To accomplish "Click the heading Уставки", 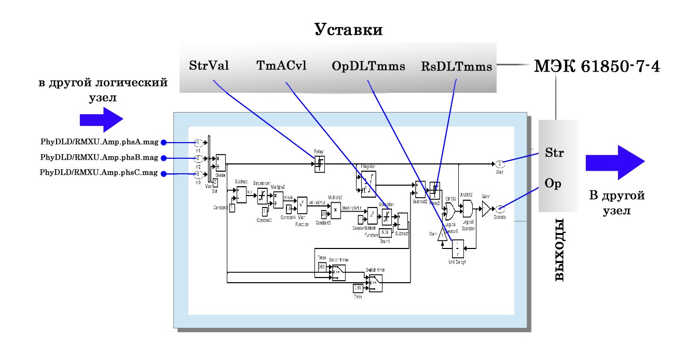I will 349,30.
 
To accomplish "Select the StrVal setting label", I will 210,66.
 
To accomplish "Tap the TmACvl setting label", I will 282,66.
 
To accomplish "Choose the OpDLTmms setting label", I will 368,66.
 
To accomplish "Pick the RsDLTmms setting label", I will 456,66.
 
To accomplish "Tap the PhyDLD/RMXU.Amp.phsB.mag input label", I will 99,158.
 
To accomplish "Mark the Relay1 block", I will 320,164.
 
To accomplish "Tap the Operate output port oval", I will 499,209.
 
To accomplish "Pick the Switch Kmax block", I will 339,272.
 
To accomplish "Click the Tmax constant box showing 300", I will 322,266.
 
